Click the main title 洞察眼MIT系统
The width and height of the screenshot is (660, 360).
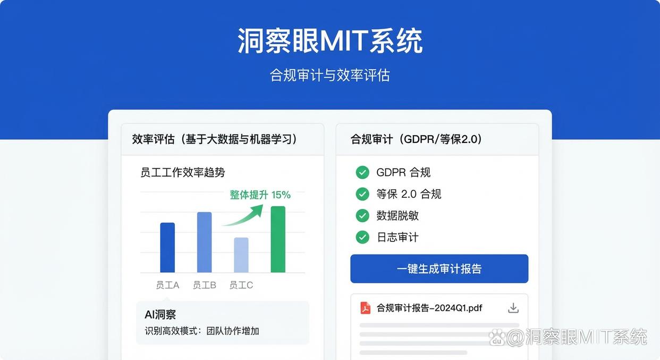[x=329, y=41]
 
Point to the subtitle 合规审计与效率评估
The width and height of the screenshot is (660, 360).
[x=329, y=75]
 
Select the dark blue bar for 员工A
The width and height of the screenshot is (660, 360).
[x=167, y=247]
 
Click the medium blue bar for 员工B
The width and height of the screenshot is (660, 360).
[x=205, y=242]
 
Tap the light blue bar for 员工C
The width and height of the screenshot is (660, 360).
[x=241, y=255]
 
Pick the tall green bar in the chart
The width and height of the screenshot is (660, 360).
[x=278, y=239]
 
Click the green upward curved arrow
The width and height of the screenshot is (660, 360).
[x=244, y=214]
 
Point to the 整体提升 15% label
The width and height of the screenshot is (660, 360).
[x=260, y=195]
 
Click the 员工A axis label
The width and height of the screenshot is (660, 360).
[x=167, y=285]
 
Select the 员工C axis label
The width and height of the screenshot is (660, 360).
[x=241, y=285]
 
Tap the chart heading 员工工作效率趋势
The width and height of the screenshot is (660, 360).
[x=183, y=172]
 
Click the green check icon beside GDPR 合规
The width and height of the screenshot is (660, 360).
[x=362, y=172]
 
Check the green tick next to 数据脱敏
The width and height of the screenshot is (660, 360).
[x=362, y=215]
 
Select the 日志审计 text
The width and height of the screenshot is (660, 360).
[x=397, y=237]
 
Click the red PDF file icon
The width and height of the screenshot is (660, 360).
[x=366, y=308]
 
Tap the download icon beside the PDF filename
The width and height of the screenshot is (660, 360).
[x=513, y=308]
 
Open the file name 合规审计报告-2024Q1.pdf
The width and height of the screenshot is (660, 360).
[x=429, y=308]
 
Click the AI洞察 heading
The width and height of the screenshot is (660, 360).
[x=160, y=315]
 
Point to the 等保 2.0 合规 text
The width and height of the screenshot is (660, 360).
[x=409, y=194]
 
